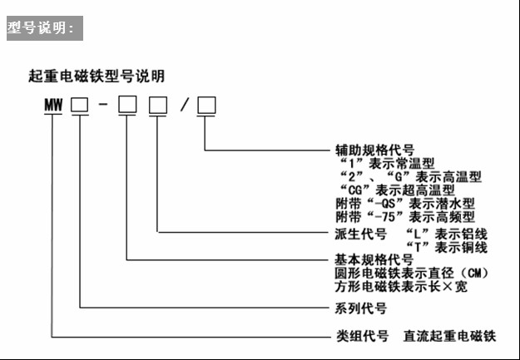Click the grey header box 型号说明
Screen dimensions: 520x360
(x=45, y=28)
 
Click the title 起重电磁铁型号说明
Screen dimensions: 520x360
(x=97, y=76)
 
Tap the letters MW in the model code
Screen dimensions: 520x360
(x=53, y=105)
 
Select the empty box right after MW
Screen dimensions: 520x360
(x=80, y=106)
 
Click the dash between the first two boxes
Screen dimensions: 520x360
(x=103, y=105)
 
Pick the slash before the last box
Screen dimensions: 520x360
(x=185, y=105)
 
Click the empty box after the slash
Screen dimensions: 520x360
(x=206, y=105)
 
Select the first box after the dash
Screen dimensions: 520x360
(x=127, y=105)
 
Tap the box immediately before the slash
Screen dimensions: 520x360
(x=158, y=105)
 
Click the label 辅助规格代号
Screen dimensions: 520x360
(x=374, y=150)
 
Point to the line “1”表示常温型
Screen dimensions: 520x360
(x=388, y=164)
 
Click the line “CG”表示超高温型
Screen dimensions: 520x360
(x=398, y=190)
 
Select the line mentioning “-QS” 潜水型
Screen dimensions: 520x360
(x=405, y=204)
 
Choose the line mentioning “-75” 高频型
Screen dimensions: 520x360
(x=405, y=217)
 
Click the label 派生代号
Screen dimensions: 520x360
(x=361, y=234)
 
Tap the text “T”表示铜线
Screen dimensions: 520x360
(x=447, y=247)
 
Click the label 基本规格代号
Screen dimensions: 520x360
(x=374, y=259)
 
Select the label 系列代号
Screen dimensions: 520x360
(x=361, y=308)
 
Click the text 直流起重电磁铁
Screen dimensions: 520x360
(x=449, y=336)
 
